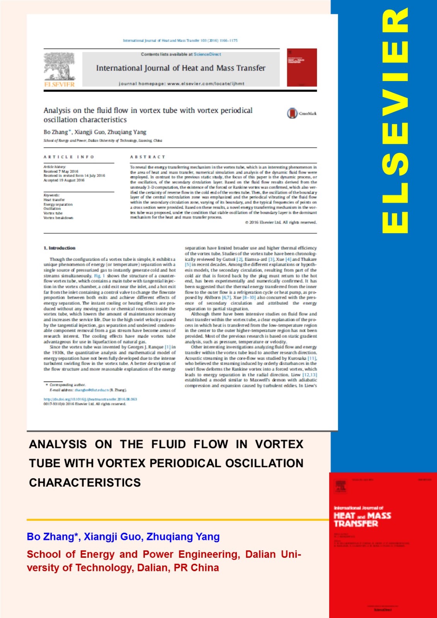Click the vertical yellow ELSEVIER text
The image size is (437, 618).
point(394,121)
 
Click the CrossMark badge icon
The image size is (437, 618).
point(292,113)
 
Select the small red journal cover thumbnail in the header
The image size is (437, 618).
point(301,68)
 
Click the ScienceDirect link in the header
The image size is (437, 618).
point(207,54)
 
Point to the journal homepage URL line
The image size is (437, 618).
point(181,83)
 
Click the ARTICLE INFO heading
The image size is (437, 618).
point(69,157)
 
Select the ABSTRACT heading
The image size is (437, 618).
point(148,157)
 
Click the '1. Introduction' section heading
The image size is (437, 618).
point(60,248)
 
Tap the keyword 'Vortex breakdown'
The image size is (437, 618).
point(58,218)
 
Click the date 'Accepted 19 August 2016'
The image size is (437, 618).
point(64,180)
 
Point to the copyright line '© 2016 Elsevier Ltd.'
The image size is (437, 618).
point(281,222)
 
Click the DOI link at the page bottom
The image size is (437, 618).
point(90,399)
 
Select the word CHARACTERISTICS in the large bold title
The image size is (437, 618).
point(85,482)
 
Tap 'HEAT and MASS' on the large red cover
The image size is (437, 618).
point(362,516)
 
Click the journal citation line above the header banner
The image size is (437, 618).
point(180,40)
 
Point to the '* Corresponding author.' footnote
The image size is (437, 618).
point(65,385)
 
